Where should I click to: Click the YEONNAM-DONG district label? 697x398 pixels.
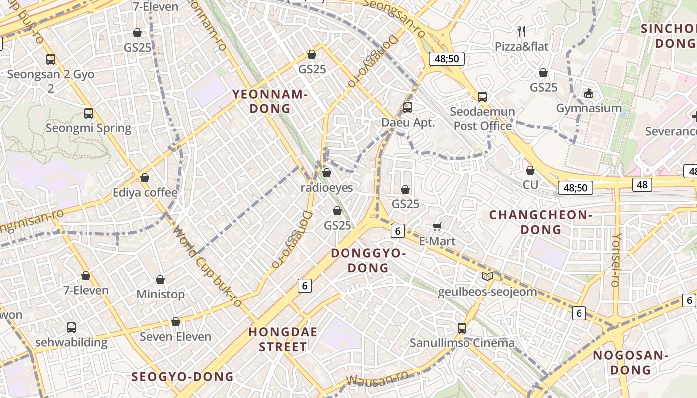tap(269, 101)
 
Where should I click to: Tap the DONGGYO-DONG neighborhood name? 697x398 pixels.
tap(368, 260)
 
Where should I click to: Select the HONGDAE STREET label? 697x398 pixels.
tap(283, 339)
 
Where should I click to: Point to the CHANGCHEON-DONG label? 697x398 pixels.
tap(540, 222)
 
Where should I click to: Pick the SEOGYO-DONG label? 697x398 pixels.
tap(183, 376)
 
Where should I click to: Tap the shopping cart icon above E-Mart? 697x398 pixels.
tap(437, 227)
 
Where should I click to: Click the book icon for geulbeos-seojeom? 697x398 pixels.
tap(487, 276)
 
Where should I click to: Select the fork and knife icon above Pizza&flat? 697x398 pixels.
tap(521, 32)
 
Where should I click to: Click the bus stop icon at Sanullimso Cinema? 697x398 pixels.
tap(462, 328)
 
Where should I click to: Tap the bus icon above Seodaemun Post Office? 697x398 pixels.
tap(482, 97)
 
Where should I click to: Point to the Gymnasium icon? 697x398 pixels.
tap(589, 93)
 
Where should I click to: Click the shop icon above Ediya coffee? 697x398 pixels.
tap(145, 178)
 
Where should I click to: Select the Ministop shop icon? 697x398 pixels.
tap(160, 280)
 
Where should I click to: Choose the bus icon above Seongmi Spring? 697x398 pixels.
tap(89, 113)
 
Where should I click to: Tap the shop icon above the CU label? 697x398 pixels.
tap(530, 170)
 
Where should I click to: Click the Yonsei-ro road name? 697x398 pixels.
tap(616, 259)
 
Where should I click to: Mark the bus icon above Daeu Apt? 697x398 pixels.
tap(408, 107)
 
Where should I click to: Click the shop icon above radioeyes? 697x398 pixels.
tap(327, 173)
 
